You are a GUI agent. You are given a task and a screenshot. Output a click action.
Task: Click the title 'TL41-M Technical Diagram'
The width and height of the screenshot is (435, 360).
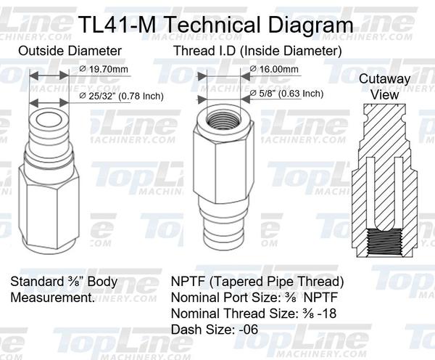pos(217,25)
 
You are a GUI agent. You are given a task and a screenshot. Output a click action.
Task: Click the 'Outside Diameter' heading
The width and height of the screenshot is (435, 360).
pos(70,52)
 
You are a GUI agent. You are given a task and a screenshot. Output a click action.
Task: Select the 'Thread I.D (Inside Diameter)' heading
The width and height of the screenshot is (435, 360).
pos(257,52)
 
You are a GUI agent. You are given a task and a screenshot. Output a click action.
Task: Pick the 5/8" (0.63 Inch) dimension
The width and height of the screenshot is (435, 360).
pos(286,94)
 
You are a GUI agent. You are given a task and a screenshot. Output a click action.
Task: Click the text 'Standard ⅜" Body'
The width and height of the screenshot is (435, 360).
pos(64,282)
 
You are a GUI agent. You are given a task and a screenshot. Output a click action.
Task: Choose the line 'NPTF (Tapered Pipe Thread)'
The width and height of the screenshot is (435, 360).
pos(257,282)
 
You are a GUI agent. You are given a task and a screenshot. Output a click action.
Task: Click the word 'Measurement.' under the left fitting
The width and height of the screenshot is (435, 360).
pos(52,298)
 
